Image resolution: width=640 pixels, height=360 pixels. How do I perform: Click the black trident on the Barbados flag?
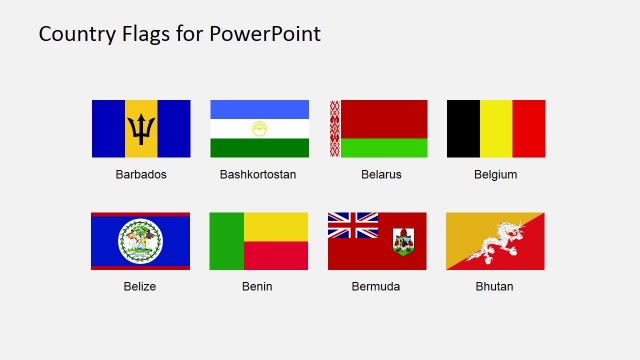(x=141, y=129)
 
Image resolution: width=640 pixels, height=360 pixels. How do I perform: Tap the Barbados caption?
(x=141, y=174)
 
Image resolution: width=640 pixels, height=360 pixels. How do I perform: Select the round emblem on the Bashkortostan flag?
(x=259, y=129)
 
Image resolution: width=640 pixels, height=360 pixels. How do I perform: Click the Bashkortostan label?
(x=258, y=174)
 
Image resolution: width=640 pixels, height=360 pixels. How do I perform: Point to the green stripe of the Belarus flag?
(x=385, y=147)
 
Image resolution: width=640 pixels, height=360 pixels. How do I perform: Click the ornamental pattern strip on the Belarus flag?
(x=335, y=129)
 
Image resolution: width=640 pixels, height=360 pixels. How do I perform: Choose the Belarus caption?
(x=381, y=174)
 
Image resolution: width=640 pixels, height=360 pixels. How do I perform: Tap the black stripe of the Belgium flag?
(x=463, y=129)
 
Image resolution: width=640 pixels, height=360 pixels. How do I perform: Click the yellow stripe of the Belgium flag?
(x=496, y=129)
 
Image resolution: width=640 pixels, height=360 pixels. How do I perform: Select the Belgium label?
(x=496, y=174)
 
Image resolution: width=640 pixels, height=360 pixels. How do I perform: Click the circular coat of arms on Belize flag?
(x=140, y=241)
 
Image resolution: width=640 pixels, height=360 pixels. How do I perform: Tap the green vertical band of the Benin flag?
(x=227, y=241)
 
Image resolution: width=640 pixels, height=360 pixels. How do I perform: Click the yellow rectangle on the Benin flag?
(x=276, y=226)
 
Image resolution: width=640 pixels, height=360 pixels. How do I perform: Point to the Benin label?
(x=257, y=286)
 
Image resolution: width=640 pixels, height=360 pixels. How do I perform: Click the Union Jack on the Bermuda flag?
(x=353, y=225)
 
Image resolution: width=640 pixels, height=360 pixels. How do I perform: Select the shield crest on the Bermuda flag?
(x=403, y=241)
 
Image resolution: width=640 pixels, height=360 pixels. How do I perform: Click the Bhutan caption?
(x=495, y=286)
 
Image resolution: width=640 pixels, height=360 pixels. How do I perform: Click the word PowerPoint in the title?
(x=265, y=34)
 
